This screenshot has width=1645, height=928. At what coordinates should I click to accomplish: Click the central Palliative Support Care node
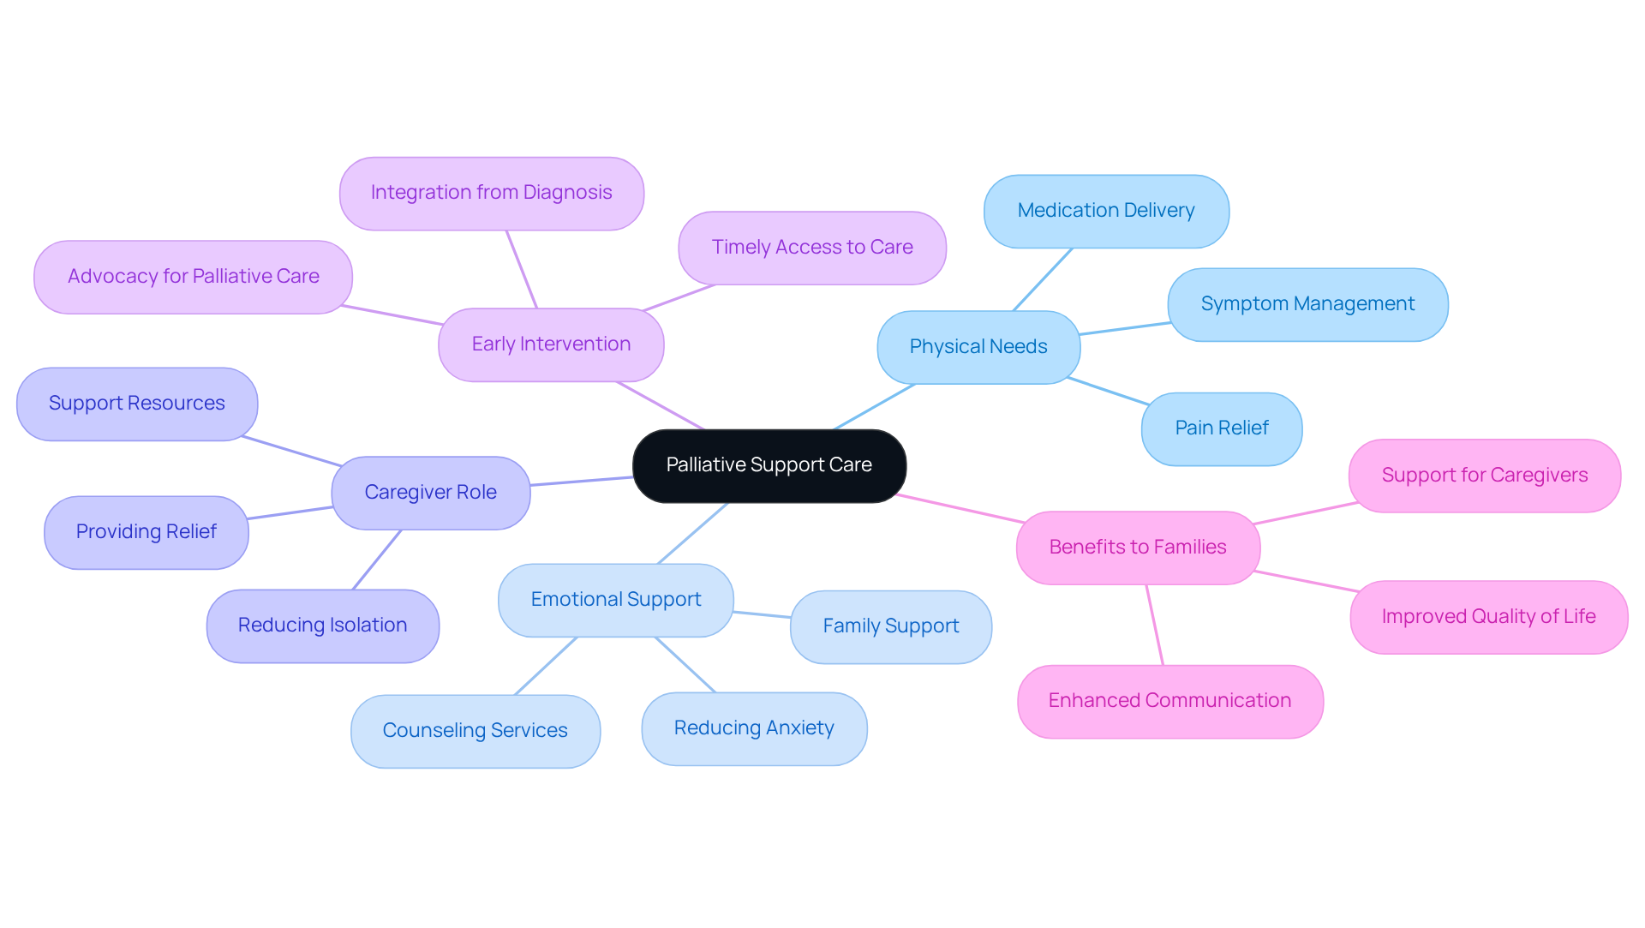tap(769, 465)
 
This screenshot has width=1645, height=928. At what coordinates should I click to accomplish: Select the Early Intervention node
tap(551, 344)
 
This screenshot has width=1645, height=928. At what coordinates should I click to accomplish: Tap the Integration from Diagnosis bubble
tap(491, 193)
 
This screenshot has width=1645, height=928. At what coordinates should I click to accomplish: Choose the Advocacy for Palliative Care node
tap(193, 277)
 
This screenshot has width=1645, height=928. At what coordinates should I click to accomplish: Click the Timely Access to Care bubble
tap(811, 248)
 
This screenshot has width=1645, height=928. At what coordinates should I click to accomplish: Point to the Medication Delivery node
tap(1105, 211)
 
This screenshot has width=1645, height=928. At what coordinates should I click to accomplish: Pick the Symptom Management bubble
tap(1307, 304)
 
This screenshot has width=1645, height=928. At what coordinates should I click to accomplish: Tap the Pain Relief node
tap(1221, 428)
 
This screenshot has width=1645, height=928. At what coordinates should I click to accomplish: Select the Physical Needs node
tap(978, 347)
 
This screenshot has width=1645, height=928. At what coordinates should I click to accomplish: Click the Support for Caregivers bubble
tap(1484, 476)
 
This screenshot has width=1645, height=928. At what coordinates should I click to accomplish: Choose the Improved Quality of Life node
tap(1488, 617)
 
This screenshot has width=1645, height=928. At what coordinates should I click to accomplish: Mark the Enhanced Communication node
tap(1169, 701)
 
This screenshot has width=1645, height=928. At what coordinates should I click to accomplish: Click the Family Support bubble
tap(890, 626)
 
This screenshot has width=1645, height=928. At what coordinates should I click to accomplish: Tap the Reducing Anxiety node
tap(753, 728)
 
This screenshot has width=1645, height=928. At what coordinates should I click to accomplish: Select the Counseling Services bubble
tap(475, 731)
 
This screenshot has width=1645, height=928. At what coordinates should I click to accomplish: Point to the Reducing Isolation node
tap(322, 626)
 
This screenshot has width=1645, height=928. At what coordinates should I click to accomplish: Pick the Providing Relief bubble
tap(146, 532)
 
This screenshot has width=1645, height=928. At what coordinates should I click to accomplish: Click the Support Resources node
tap(136, 404)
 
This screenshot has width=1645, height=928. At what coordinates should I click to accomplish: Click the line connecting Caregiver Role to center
tap(581, 482)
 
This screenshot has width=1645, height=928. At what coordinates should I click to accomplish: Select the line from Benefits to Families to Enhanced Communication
tap(1155, 625)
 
